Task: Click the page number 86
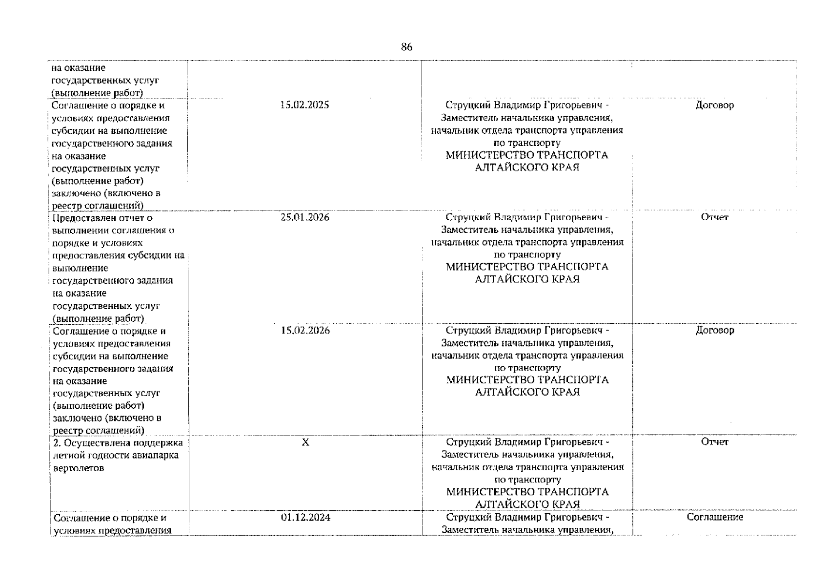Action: [406, 47]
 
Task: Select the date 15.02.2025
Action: [305, 105]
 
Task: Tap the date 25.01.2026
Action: [305, 217]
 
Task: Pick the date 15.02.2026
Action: [305, 331]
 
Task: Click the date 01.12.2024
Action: [305, 517]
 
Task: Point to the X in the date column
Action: [305, 442]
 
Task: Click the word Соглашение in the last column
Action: [715, 517]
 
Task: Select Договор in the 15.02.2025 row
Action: [715, 105]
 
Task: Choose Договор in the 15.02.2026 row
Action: [715, 331]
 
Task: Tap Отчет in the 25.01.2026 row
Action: [715, 217]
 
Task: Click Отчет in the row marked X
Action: [715, 442]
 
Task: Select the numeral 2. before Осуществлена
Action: [57, 443]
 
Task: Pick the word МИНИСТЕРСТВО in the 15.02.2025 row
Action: [490, 155]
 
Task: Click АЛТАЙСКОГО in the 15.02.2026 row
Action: [512, 392]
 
